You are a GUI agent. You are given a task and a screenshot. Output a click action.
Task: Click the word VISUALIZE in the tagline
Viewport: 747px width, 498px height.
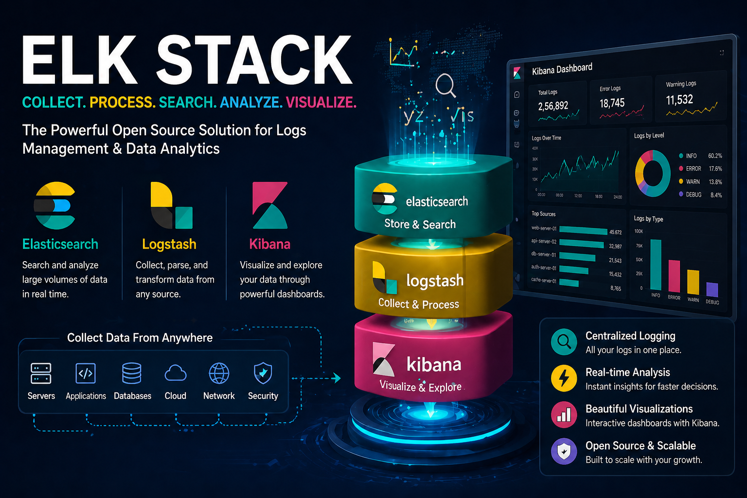321,102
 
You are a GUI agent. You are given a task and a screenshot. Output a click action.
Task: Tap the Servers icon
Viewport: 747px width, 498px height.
41,373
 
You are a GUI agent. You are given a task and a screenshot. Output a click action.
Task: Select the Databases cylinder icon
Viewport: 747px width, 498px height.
132,373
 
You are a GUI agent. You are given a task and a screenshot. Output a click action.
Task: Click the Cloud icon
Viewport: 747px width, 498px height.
176,373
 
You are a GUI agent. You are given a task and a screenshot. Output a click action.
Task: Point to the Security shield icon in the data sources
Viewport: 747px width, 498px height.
263,373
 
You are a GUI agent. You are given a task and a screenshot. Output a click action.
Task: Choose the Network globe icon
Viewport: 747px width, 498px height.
219,373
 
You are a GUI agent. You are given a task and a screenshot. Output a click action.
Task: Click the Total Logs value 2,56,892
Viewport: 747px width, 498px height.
553,106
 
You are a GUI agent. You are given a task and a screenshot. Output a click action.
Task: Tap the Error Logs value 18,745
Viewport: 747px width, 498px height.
612,103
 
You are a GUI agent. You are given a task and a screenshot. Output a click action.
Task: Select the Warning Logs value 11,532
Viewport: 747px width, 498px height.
679,100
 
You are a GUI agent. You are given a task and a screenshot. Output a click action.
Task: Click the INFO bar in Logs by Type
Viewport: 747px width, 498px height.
656,265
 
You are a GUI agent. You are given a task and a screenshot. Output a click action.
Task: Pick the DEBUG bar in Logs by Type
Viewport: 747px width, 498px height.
712,290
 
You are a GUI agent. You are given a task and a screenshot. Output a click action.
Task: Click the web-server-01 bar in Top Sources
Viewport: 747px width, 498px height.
583,231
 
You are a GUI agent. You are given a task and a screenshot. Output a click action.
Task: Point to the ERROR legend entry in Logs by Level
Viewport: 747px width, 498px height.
693,169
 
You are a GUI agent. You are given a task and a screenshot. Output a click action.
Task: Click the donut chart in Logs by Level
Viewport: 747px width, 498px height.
653,173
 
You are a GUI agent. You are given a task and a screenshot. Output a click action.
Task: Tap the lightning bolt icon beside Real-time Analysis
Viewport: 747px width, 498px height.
564,378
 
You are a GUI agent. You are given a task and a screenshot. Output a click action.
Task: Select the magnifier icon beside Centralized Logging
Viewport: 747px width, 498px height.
564,341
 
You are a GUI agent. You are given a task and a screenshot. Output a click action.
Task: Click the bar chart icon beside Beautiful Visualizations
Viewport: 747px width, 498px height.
564,414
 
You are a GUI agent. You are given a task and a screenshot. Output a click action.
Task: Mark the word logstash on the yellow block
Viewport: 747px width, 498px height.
435,281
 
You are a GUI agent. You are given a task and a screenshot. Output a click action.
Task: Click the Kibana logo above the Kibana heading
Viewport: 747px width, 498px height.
270,205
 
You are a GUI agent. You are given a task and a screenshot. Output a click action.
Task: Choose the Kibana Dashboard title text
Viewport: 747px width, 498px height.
562,69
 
